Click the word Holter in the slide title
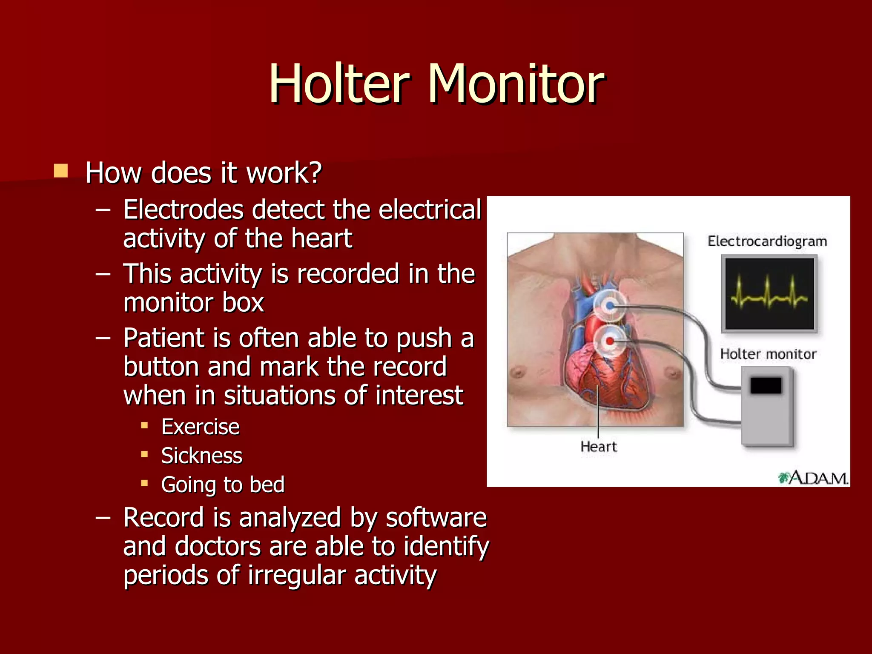pyautogui.click(x=339, y=84)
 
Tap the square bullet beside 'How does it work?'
pyautogui.click(x=61, y=171)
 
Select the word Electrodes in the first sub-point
pyautogui.click(x=183, y=210)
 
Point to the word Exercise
pyautogui.click(x=200, y=427)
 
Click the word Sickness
pyautogui.click(x=201, y=456)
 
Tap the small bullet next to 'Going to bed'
pyautogui.click(x=145, y=483)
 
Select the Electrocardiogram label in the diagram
pyautogui.click(x=767, y=241)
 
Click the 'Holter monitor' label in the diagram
pyautogui.click(x=768, y=354)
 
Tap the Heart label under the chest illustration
pyautogui.click(x=598, y=447)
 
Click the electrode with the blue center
pyautogui.click(x=610, y=305)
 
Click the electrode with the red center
pyautogui.click(x=610, y=341)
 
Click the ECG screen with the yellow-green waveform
pyautogui.click(x=769, y=294)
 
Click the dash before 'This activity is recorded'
pyautogui.click(x=103, y=274)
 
